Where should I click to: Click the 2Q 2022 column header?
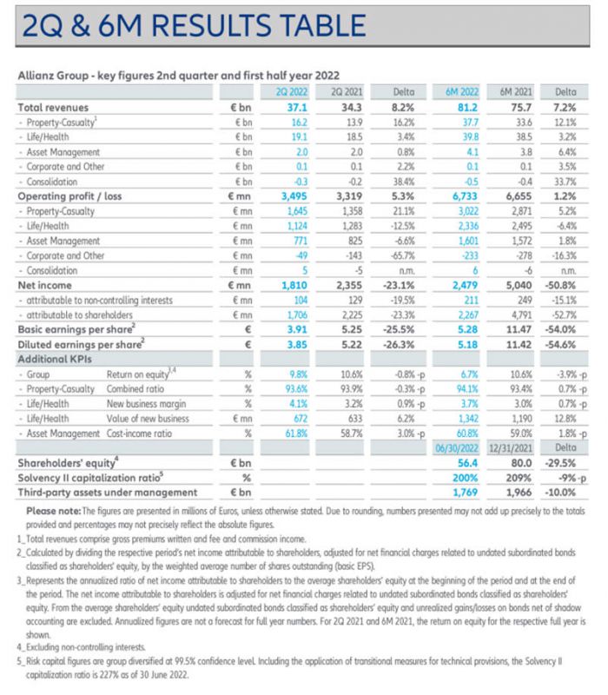tap(292, 91)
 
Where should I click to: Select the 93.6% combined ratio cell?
tap(295, 390)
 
